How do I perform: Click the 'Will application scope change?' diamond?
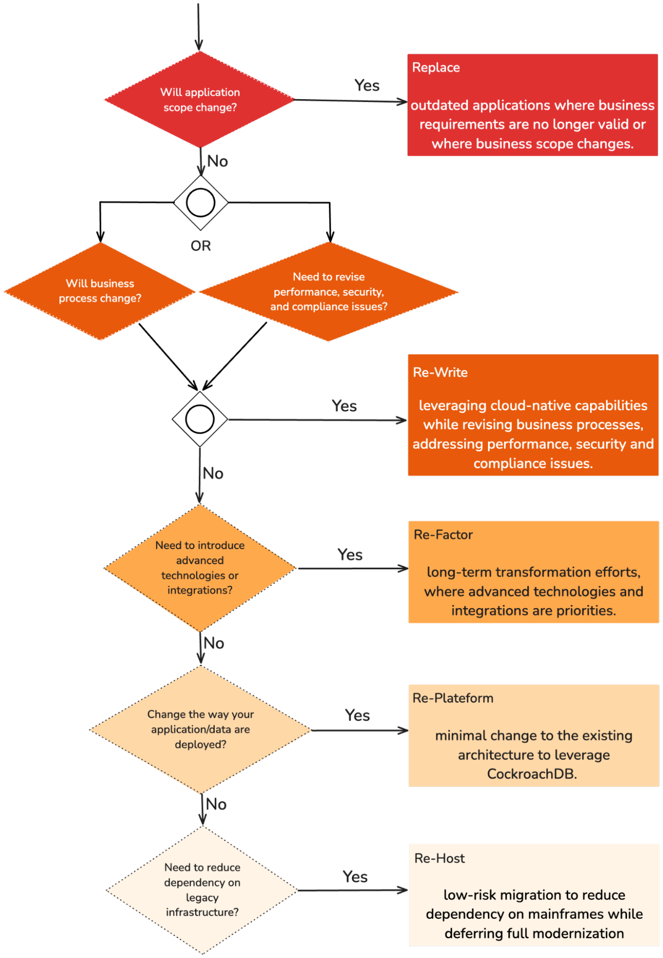point(200,100)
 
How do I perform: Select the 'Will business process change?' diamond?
point(100,291)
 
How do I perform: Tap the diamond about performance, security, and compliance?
point(329,291)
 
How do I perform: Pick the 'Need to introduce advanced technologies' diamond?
point(200,568)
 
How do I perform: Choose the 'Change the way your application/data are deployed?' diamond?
point(200,729)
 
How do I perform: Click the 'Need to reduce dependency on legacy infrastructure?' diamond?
point(202,889)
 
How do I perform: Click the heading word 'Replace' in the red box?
point(436,68)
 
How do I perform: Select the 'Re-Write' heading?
point(440,372)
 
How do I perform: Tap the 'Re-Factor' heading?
point(443,535)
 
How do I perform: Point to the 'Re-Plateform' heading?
point(453,698)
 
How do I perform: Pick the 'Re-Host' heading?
point(439,858)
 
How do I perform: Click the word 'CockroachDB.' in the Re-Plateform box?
point(532,774)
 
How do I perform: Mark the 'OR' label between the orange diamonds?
point(200,246)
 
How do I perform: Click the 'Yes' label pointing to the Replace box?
point(367,86)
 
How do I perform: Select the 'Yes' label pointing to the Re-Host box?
point(355,877)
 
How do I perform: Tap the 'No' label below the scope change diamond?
point(217,162)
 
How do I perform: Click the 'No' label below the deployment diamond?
point(216,804)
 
